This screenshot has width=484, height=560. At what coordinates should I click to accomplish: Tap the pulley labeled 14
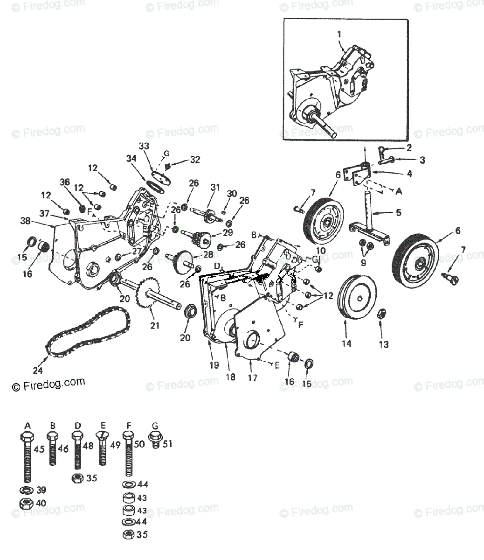[x=357, y=298]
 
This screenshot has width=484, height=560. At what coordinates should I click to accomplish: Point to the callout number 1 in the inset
[x=339, y=34]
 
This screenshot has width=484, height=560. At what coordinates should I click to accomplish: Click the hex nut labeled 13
[x=380, y=313]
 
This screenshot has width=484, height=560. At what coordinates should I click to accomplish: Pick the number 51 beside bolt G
[x=167, y=444]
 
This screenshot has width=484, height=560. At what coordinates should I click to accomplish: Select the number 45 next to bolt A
[x=40, y=449]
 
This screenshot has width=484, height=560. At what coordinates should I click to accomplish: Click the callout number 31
[x=214, y=187]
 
